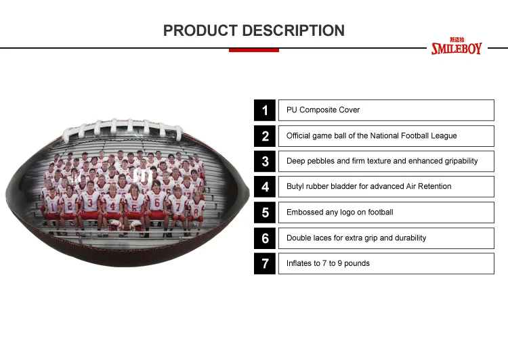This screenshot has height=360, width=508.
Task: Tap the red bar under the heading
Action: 253,50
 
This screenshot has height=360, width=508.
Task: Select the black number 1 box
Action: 265,110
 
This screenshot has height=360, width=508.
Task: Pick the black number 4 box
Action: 265,187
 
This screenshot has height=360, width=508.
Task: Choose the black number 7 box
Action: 265,263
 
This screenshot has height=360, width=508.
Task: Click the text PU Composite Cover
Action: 323,110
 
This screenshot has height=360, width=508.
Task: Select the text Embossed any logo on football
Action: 339,212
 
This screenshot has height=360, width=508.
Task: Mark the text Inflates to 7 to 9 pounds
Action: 328,263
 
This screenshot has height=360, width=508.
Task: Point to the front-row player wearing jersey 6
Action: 156,203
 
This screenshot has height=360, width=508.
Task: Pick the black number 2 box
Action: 265,136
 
